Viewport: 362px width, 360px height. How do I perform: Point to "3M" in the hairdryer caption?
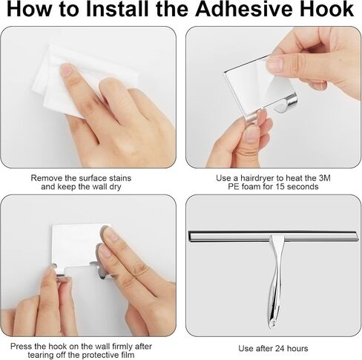click(325, 178)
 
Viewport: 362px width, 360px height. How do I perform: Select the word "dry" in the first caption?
click(115, 186)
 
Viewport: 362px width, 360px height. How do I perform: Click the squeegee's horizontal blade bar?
click(273, 235)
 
